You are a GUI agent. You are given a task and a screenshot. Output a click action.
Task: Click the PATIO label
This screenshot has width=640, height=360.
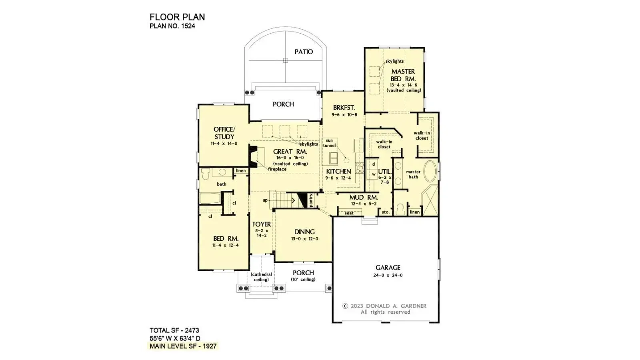304,52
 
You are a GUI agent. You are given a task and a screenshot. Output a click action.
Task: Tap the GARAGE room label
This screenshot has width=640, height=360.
388,268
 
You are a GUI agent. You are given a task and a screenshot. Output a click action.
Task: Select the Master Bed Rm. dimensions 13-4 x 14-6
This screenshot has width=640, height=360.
403,85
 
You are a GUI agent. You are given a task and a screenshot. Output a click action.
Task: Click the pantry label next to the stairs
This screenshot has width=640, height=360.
311,200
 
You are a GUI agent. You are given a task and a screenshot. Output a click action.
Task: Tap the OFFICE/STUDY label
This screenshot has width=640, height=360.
224,133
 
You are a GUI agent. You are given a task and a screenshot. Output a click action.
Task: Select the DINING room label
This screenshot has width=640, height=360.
304,232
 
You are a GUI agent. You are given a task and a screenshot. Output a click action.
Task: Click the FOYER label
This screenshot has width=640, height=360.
262,224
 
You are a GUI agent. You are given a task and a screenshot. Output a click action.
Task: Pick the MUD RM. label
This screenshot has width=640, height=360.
363,197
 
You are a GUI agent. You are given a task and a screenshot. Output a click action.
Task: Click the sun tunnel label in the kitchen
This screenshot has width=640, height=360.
329,143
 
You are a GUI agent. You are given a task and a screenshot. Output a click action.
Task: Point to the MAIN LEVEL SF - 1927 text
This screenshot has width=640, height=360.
183,346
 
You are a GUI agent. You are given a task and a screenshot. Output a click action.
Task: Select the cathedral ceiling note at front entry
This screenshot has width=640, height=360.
261,277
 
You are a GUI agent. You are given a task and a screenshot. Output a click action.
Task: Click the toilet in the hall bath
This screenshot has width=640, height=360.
206,174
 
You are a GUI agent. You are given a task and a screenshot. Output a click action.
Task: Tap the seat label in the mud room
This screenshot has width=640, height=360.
349,213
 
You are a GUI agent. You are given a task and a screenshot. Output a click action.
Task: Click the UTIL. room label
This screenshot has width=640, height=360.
384,171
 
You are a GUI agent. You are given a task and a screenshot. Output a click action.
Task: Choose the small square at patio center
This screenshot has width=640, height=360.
285,60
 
